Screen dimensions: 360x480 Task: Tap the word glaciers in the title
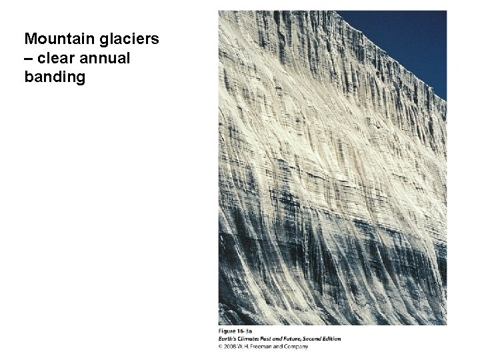pyautogui.click(x=127, y=39)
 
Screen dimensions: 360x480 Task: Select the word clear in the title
pyautogui.click(x=55, y=58)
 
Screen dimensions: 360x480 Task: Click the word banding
pyautogui.click(x=55, y=77)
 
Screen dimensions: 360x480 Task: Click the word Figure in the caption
pyautogui.click(x=227, y=331)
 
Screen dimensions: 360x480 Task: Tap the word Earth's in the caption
pyautogui.click(x=229, y=339)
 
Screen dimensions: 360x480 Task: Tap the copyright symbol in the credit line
pyautogui.click(x=221, y=346)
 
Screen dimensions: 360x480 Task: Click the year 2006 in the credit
pyautogui.click(x=230, y=346)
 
